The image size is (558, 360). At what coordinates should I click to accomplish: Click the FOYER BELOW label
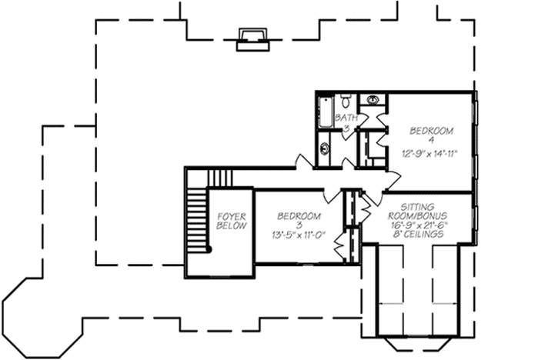[232, 222]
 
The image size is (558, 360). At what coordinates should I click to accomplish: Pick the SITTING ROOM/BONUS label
[419, 212]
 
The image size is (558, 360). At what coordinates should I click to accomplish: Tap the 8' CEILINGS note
[418, 234]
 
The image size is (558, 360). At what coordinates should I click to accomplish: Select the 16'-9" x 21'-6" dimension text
[418, 225]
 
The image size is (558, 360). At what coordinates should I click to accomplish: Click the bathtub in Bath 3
[325, 112]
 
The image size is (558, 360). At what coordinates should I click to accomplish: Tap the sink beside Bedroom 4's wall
[373, 101]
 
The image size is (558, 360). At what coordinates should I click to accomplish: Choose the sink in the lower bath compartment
[324, 148]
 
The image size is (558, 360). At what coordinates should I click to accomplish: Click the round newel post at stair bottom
[209, 249]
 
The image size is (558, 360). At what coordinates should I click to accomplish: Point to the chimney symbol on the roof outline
[251, 39]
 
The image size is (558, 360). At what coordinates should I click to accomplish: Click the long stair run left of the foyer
[197, 218]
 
